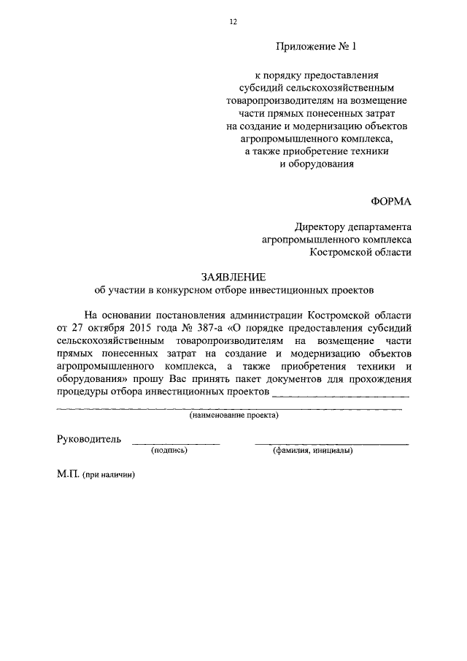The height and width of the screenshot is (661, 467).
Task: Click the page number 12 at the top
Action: (233, 23)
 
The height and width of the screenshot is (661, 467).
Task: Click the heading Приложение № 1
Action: (317, 47)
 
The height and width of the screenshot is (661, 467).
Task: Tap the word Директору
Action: (322, 226)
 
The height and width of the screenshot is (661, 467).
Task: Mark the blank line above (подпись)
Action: (175, 444)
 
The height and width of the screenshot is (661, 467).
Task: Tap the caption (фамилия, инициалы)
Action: (313, 451)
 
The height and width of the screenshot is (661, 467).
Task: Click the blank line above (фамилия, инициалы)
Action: (331, 444)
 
